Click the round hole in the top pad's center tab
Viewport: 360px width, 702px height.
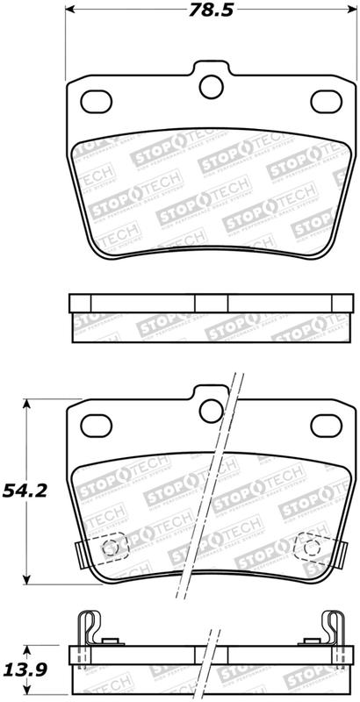[x=211, y=86]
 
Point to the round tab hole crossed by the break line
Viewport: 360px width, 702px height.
[x=211, y=408]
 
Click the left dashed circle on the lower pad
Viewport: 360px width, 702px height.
[x=112, y=548]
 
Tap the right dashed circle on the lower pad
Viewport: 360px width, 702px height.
[x=310, y=548]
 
